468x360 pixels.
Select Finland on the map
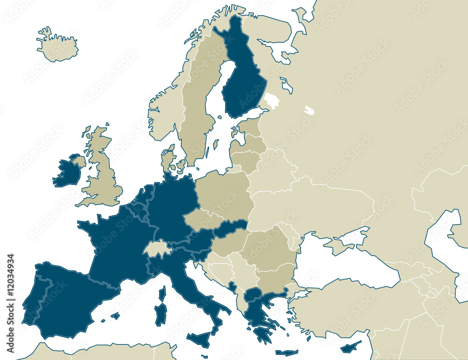click(243, 80)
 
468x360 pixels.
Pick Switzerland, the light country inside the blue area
click(157, 249)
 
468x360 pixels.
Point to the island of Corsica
click(162, 294)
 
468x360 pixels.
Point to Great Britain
click(101, 173)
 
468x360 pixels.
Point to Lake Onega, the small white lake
click(309, 110)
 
